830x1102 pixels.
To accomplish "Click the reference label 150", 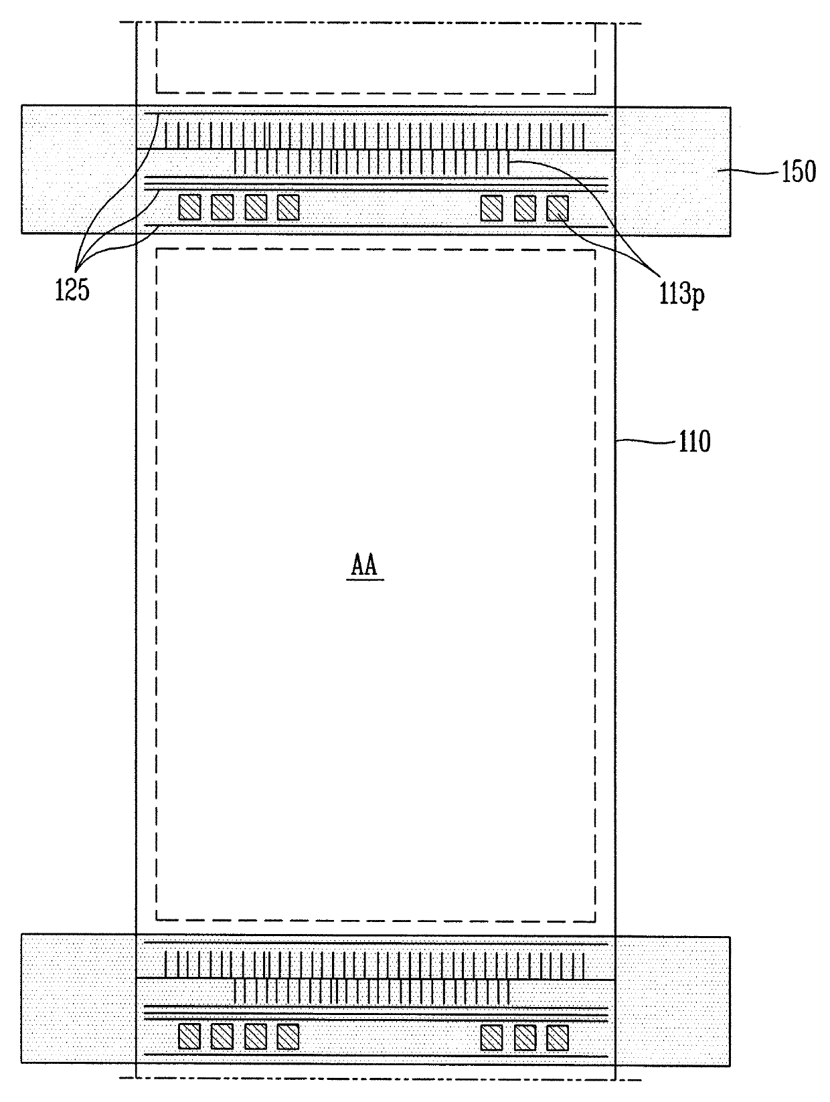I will click(799, 172).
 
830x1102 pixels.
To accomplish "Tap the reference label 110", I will click(694, 442).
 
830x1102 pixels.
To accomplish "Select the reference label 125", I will click(72, 291).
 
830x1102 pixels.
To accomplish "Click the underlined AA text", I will click(365, 567).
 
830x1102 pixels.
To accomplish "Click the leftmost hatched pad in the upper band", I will click(189, 207).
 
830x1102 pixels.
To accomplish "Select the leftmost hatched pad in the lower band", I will click(189, 1037).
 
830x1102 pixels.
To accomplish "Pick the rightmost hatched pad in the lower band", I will click(558, 1037).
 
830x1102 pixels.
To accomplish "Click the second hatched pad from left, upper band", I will click(222, 207).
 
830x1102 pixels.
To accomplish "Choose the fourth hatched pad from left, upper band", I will click(288, 207).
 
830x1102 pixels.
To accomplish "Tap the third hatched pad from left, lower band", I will click(255, 1037).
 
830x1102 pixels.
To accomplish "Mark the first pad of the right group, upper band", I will click(492, 207).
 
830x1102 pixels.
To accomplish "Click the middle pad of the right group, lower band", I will click(525, 1037).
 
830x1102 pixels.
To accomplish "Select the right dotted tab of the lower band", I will click(672, 1000).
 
